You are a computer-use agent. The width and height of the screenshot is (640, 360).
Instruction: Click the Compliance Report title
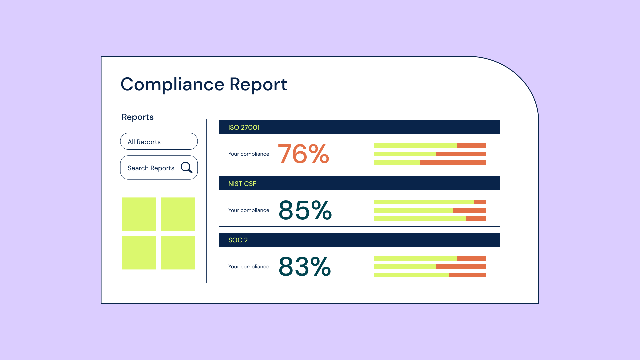(204, 84)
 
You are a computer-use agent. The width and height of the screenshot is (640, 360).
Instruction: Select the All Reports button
(159, 141)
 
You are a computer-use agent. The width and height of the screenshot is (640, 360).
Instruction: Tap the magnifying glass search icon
(186, 167)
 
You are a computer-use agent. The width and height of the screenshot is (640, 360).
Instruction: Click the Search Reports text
(151, 168)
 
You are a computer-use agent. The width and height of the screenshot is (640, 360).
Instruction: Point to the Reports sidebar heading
(137, 117)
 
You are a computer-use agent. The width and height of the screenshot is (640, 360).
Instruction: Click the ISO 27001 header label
(244, 127)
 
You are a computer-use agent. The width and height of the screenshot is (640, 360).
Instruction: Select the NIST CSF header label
(242, 184)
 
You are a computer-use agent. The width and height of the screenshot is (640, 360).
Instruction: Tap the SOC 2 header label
(238, 240)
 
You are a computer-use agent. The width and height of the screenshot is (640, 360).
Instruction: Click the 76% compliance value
(303, 154)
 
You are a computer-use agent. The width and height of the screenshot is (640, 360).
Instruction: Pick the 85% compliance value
(305, 210)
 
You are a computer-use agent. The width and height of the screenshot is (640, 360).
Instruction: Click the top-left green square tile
(139, 214)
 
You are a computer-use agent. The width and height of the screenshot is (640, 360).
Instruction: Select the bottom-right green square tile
(178, 253)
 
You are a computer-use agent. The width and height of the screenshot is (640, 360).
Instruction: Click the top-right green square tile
(178, 214)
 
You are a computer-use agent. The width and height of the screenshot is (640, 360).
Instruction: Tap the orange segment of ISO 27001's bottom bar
(453, 162)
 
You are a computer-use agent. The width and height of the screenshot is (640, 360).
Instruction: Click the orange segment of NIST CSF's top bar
(479, 202)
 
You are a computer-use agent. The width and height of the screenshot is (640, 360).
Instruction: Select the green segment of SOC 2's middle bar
(405, 267)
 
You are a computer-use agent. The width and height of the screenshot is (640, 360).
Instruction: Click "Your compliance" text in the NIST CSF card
(249, 210)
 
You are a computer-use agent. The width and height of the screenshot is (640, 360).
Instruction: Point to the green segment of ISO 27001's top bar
(415, 146)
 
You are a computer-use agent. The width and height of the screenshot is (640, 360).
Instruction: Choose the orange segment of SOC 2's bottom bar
(467, 275)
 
